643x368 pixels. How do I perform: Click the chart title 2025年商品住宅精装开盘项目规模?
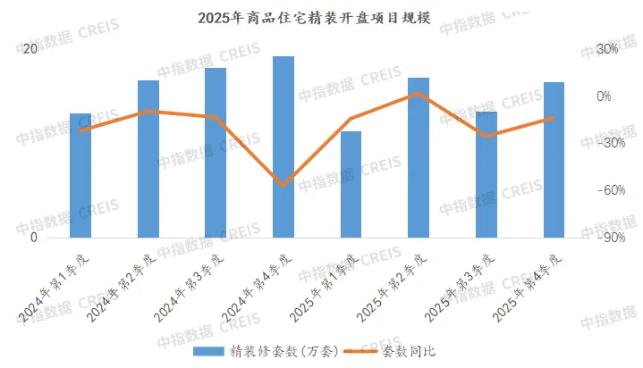click(x=321, y=18)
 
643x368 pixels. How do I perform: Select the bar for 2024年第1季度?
click(x=80, y=176)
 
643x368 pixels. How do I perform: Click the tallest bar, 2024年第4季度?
click(x=283, y=147)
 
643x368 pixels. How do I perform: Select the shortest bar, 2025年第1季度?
click(x=351, y=185)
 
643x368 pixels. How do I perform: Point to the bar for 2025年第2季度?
click(x=419, y=158)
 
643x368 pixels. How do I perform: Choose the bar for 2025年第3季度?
click(x=486, y=175)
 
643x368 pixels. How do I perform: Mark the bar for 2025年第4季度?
click(x=554, y=160)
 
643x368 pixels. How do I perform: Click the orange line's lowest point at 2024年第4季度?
click(x=283, y=185)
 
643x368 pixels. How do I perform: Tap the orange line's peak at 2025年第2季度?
click(x=419, y=93)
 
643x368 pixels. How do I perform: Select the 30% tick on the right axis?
click(x=607, y=49)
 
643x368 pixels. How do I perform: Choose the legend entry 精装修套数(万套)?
click(x=268, y=351)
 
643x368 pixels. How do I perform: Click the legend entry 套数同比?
click(x=410, y=351)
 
